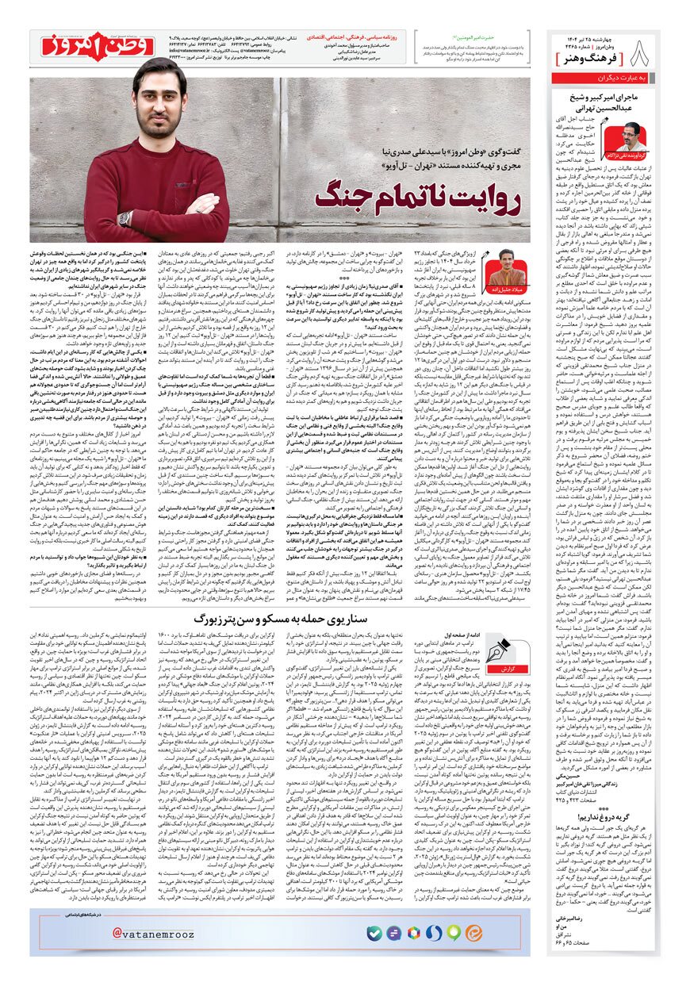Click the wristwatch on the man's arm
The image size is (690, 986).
[124, 219]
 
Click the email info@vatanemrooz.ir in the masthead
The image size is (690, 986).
[192, 49]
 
